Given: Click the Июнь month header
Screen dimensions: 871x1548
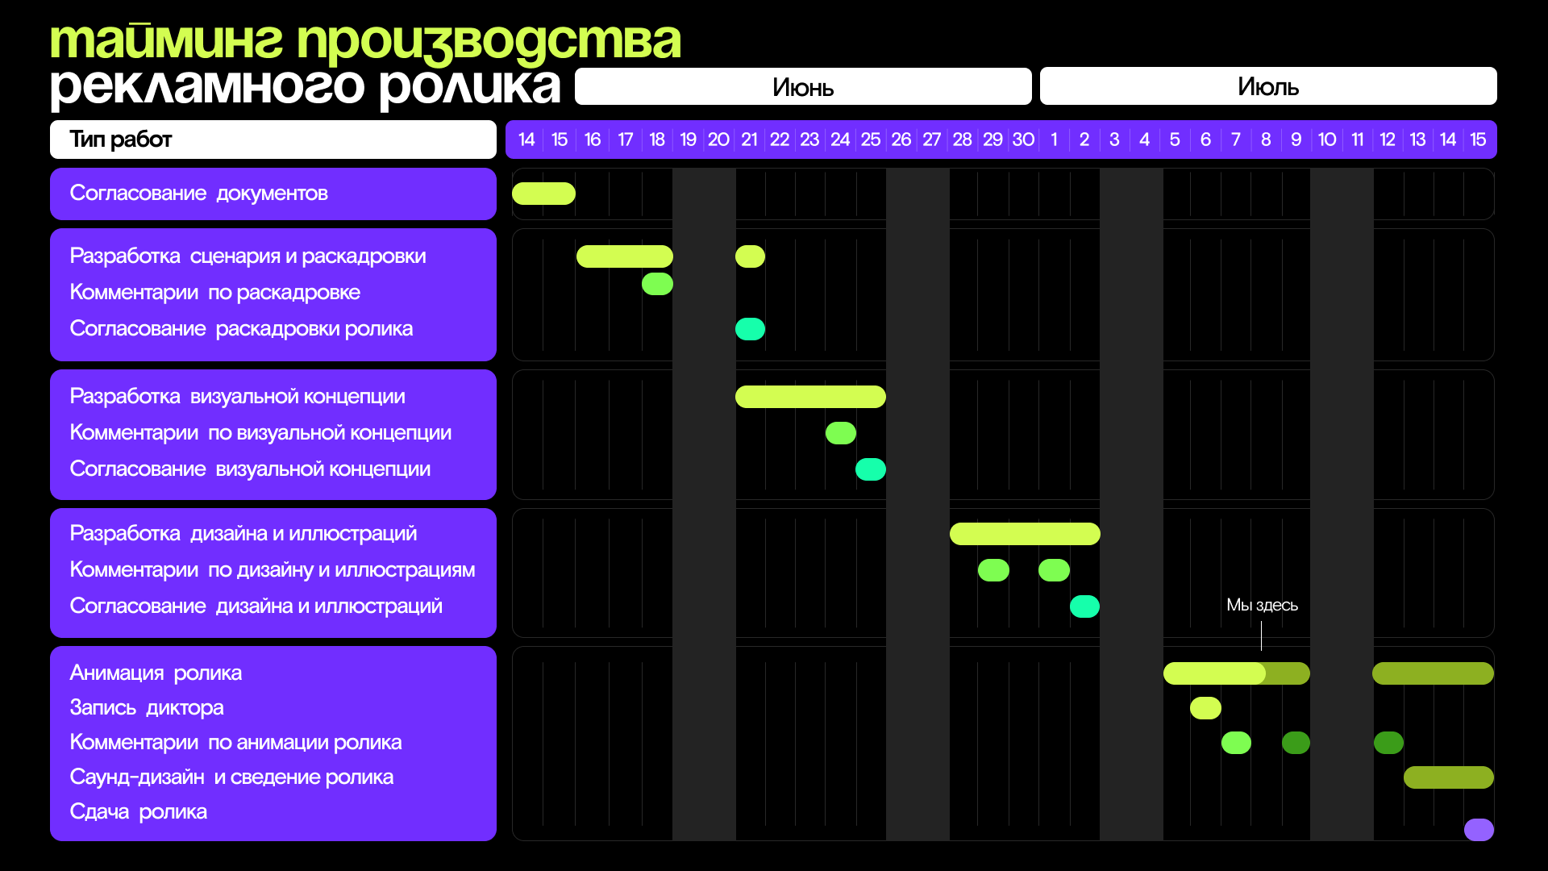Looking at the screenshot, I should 802,86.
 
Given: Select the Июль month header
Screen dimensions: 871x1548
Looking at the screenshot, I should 1267,86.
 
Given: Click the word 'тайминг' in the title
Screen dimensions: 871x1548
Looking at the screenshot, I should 166,40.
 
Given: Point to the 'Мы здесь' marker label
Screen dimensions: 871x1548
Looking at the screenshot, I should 1262,605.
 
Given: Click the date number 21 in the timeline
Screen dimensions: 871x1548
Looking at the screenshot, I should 749,140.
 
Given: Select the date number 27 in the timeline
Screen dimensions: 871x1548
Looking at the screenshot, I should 931,140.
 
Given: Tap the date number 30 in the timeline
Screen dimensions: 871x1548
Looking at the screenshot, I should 1023,140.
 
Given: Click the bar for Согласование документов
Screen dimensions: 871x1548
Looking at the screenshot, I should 543,194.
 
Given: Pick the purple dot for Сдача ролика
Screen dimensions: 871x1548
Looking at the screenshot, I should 1479,829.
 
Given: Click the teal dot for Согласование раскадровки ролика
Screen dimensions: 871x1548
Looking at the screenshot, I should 750,329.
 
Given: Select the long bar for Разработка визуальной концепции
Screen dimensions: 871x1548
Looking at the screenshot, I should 810,397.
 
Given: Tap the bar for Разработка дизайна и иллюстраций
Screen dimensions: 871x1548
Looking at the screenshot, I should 1025,534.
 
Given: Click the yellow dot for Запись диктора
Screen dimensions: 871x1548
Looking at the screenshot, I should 1205,708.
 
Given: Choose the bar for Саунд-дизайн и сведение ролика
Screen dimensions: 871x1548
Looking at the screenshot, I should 1448,777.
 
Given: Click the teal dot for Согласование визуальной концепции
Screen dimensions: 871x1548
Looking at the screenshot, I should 871,469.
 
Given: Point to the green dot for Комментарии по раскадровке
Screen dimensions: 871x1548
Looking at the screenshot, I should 657,284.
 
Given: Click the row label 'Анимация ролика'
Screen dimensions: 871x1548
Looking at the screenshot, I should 156,673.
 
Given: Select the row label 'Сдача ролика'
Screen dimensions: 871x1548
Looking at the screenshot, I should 138,811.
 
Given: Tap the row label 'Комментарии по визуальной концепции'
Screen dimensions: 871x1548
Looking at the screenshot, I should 260,433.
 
